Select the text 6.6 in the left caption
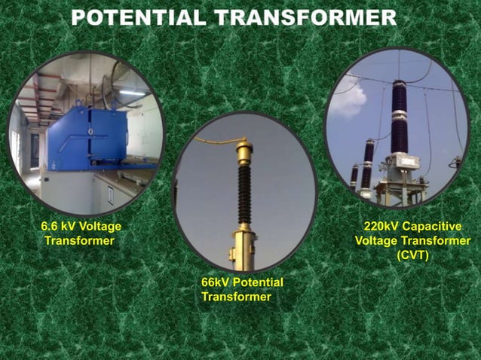tap(50, 226)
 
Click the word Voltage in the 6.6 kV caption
tap(101, 226)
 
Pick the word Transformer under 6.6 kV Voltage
tap(79, 241)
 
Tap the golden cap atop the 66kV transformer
tap(244, 151)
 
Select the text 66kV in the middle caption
tap(216, 282)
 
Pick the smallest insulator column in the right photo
tap(354, 176)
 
